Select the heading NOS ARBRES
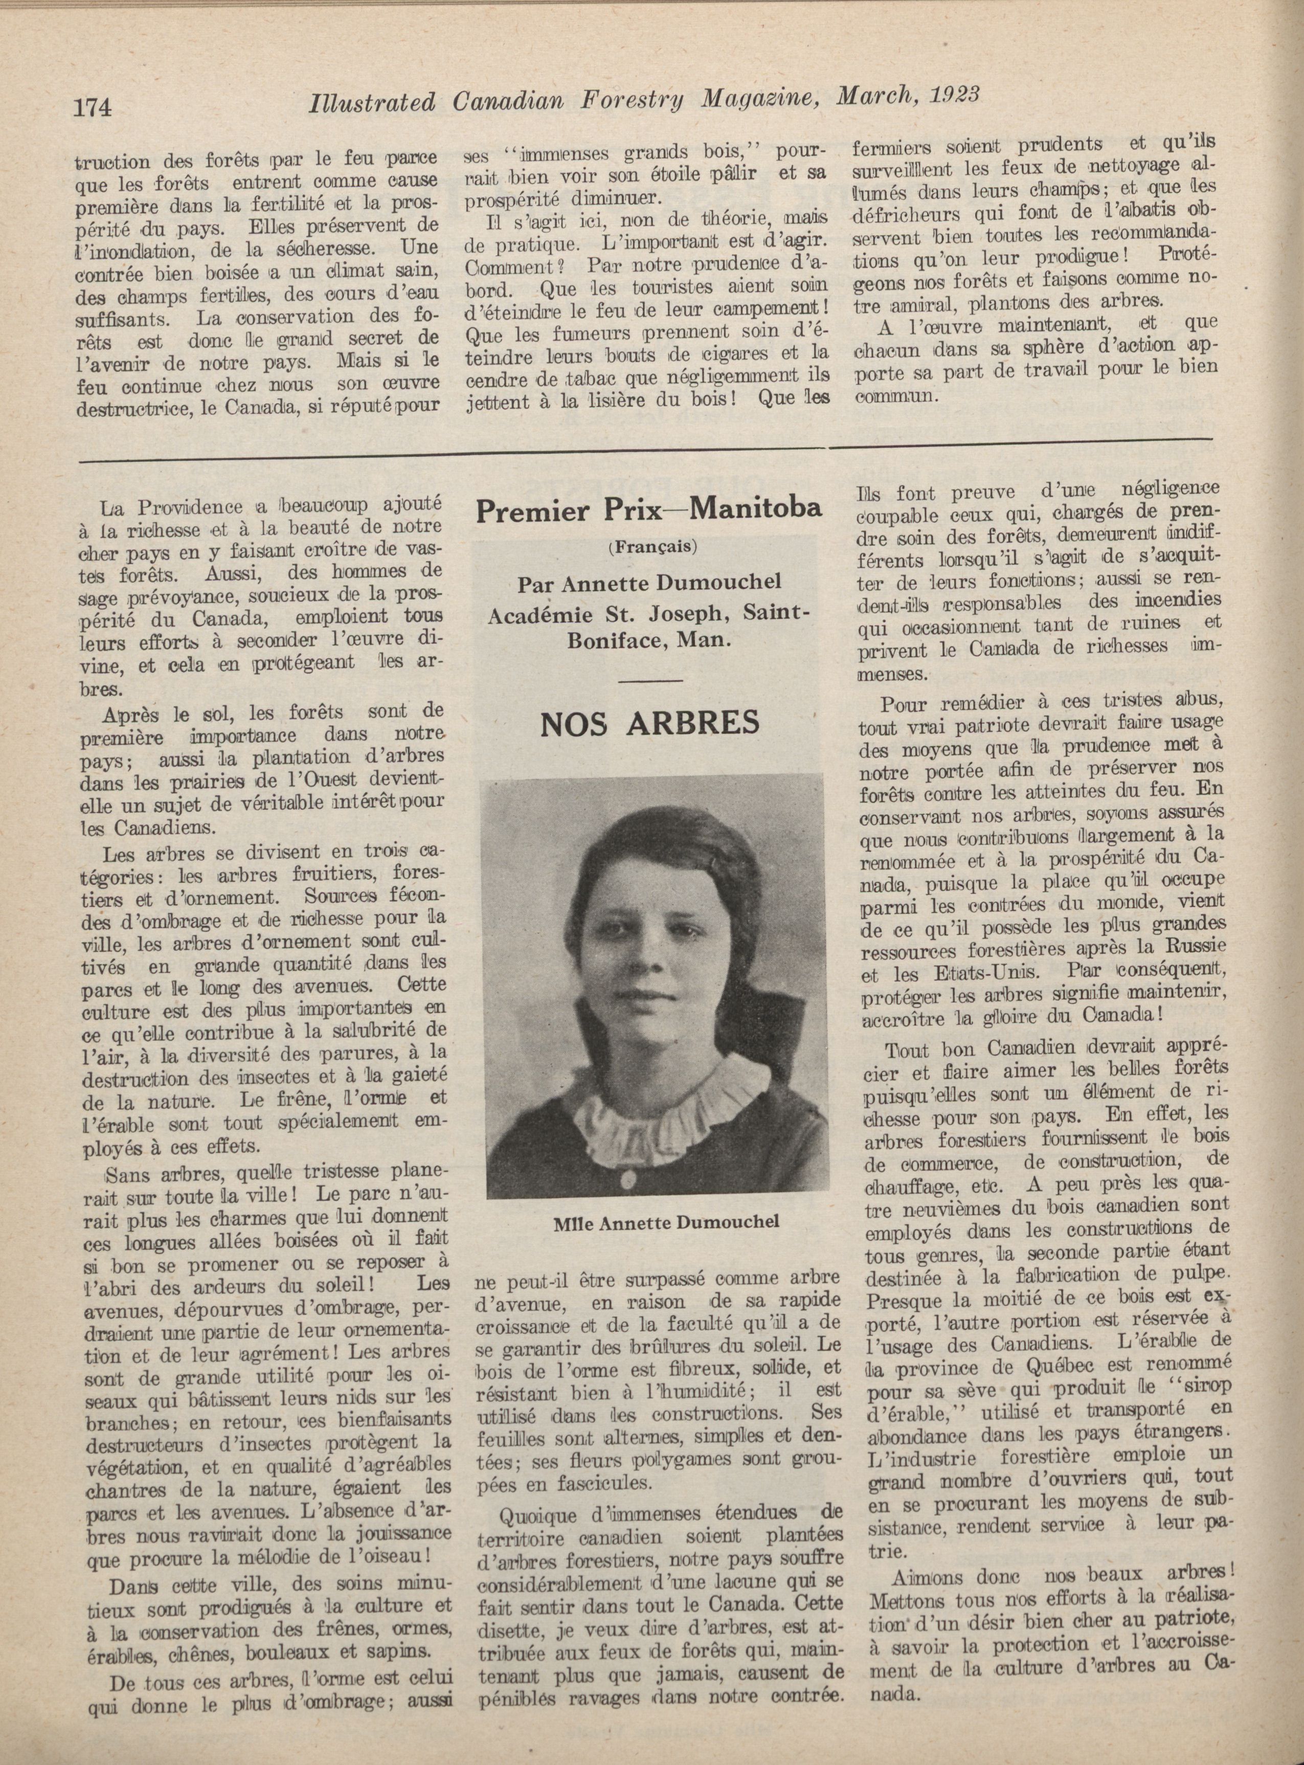(x=649, y=722)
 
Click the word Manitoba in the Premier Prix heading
(x=755, y=511)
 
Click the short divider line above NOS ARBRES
(x=650, y=680)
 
